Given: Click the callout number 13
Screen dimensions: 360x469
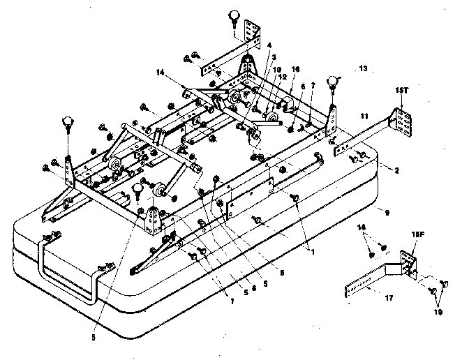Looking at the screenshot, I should pyautogui.click(x=362, y=68).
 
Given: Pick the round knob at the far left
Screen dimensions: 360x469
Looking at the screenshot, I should pyautogui.click(x=68, y=123).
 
